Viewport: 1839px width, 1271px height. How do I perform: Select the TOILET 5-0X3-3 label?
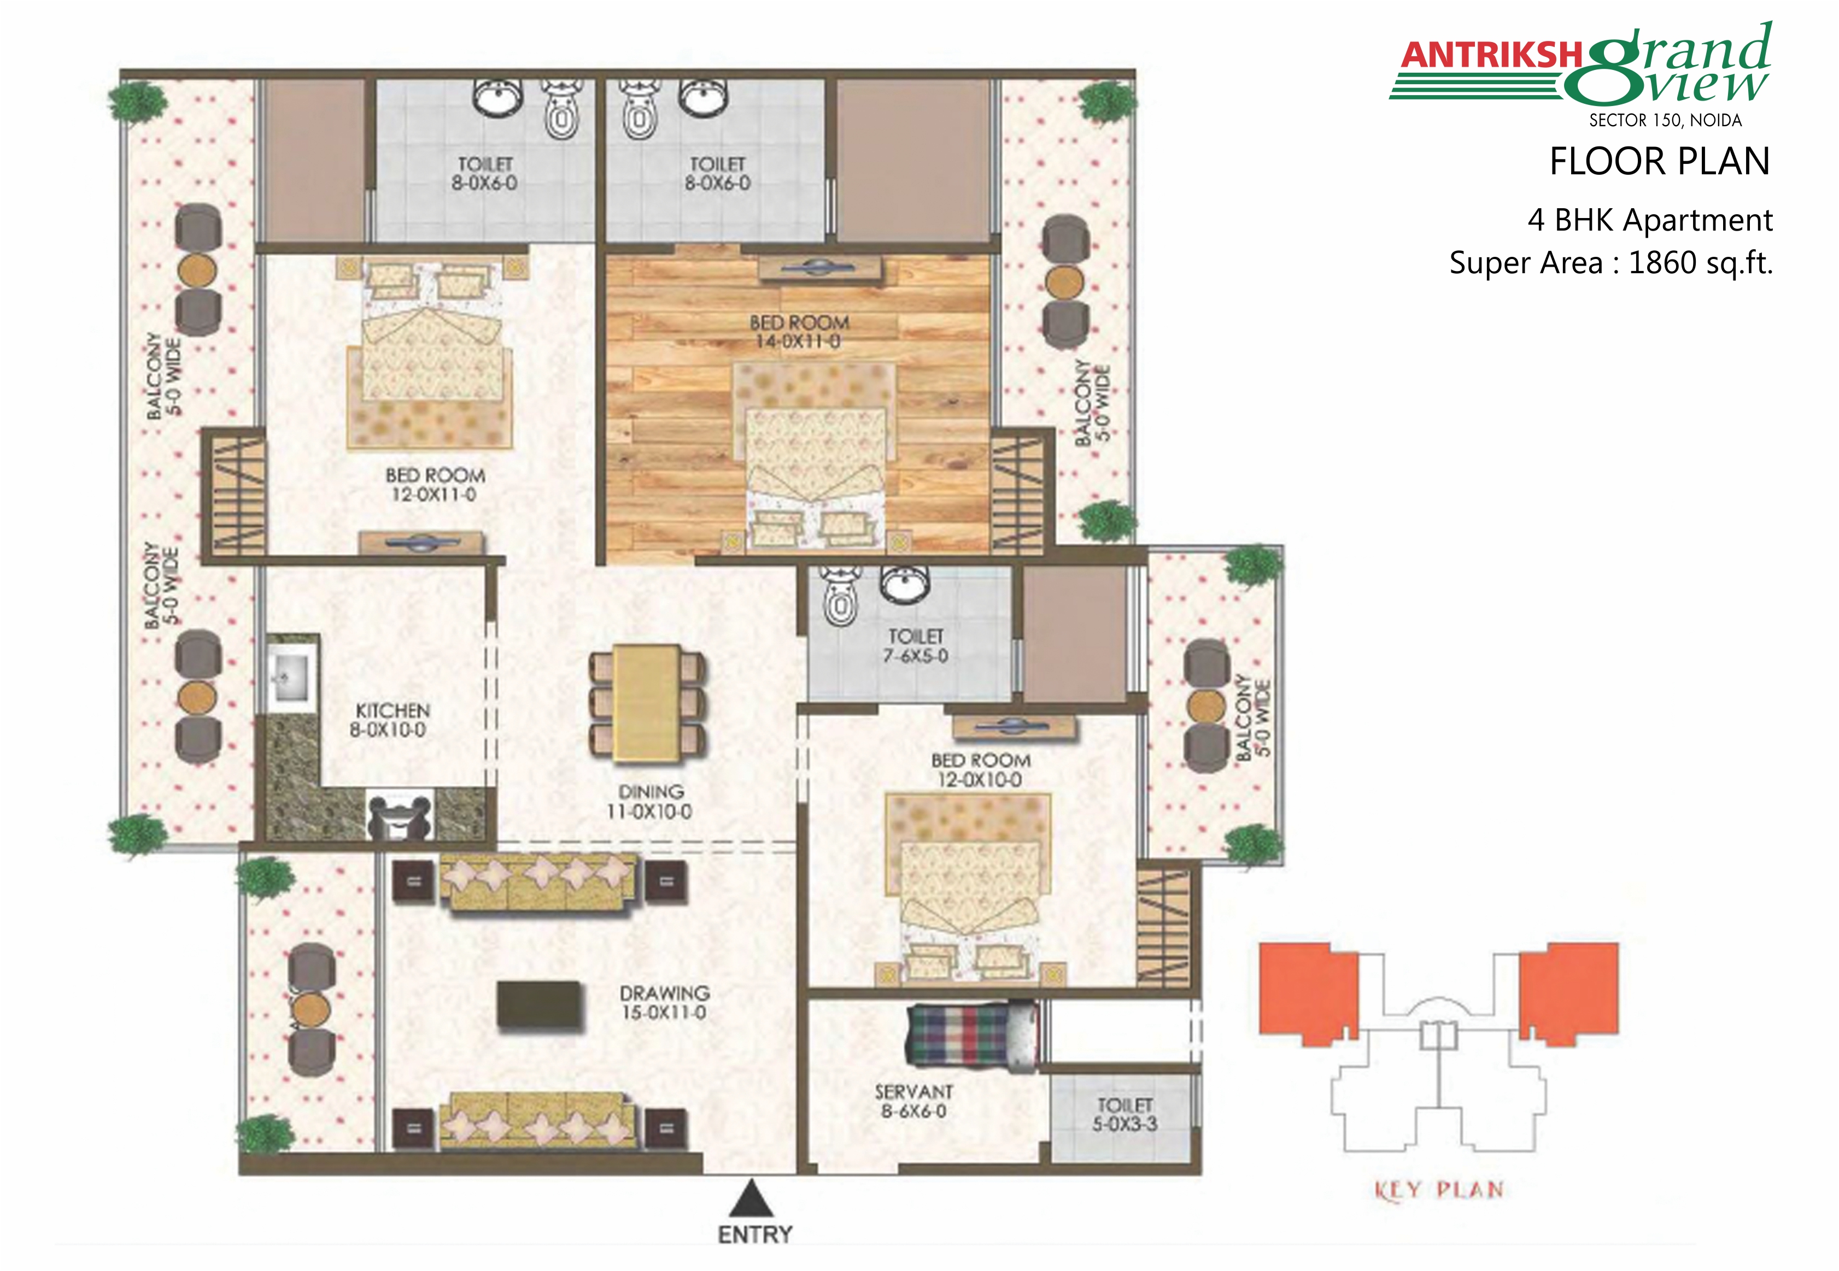tap(1125, 1115)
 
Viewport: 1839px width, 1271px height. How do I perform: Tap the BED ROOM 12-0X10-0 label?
tap(981, 770)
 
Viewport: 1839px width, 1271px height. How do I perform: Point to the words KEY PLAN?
tap(1439, 1191)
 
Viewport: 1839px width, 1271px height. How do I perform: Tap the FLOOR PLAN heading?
tap(1660, 162)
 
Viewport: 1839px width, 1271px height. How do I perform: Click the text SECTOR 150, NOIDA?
tap(1665, 120)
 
